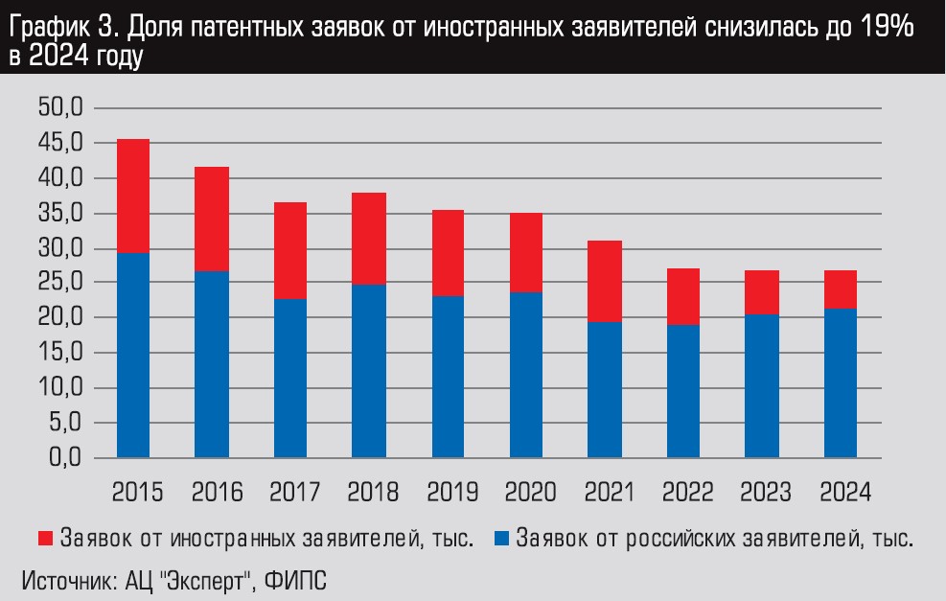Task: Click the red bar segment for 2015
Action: pos(133,196)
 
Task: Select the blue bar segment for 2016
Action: pos(212,364)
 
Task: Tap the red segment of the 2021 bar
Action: pos(605,281)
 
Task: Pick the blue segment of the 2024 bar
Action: pos(840,382)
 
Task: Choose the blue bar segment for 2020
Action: pos(526,375)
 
